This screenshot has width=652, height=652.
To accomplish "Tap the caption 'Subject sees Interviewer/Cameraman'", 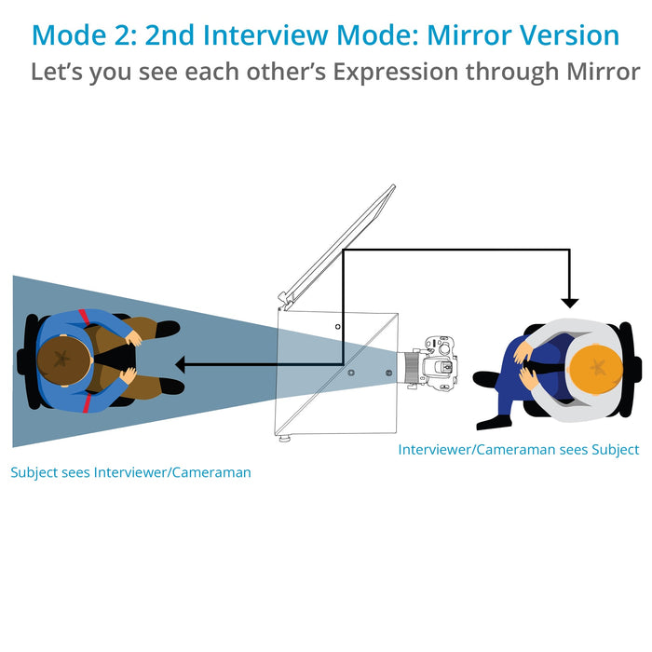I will coord(130,472).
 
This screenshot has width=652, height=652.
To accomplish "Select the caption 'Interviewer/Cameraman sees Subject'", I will coord(518,449).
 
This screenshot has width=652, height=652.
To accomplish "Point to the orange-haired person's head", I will coord(595,366).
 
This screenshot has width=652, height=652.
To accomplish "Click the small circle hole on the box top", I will coord(338,327).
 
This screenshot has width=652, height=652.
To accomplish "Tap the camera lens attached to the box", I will coord(411,367).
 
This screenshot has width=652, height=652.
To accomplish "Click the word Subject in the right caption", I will coord(611,449).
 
